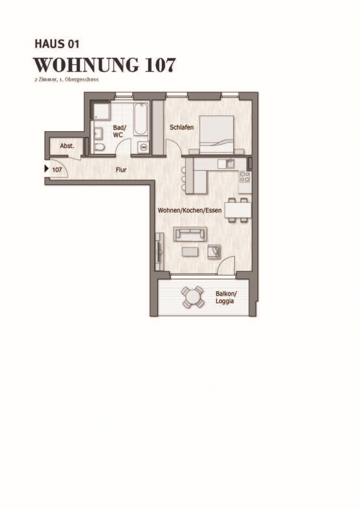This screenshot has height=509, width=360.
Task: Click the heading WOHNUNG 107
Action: pyautogui.click(x=105, y=65)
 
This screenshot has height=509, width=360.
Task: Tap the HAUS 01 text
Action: pyautogui.click(x=57, y=44)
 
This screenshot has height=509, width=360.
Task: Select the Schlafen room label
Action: pyautogui.click(x=182, y=128)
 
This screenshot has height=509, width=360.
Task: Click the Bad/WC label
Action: pyautogui.click(x=119, y=131)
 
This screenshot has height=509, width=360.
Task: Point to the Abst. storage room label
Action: pyautogui.click(x=67, y=146)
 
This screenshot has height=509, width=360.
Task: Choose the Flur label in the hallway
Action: pyautogui.click(x=121, y=170)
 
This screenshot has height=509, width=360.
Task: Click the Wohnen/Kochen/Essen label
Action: pyautogui.click(x=190, y=210)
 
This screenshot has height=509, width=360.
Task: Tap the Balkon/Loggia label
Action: pyautogui.click(x=226, y=297)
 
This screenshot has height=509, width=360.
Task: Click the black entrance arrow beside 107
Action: pyautogui.click(x=46, y=169)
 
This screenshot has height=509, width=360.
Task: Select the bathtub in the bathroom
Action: pyautogui.click(x=141, y=119)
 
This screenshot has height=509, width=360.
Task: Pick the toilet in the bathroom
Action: pyautogui.click(x=99, y=148)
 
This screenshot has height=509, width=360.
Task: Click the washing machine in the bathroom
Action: pyautogui.click(x=143, y=147)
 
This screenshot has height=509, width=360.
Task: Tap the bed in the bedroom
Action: pyautogui.click(x=216, y=135)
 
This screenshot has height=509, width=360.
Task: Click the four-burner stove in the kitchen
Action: pyautogui.click(x=245, y=177)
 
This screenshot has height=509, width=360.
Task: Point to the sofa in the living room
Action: pyautogui.click(x=190, y=234)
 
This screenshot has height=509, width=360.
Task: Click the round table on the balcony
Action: pyautogui.click(x=193, y=297)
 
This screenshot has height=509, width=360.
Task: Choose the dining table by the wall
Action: pyautogui.click(x=239, y=210)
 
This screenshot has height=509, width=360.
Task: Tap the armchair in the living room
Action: pyautogui.click(x=214, y=251)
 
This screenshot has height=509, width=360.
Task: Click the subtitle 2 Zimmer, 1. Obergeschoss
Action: pyautogui.click(x=67, y=80)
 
